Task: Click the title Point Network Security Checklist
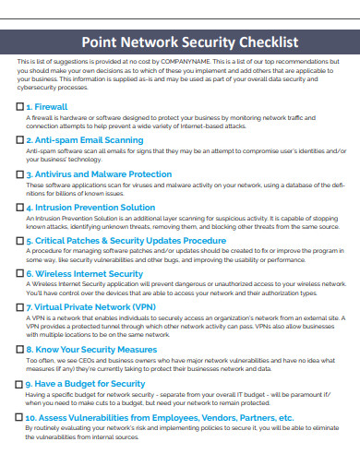190,42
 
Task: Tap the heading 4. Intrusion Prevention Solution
90,208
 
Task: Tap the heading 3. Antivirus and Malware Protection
99,173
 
